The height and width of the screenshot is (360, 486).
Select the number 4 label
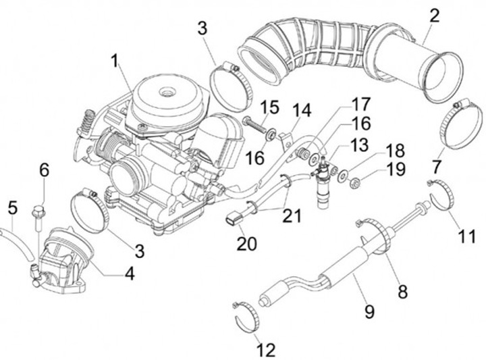click(x=128, y=274)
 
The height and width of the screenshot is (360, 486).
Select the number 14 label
click(x=298, y=110)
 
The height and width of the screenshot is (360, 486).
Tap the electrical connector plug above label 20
click(x=234, y=220)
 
